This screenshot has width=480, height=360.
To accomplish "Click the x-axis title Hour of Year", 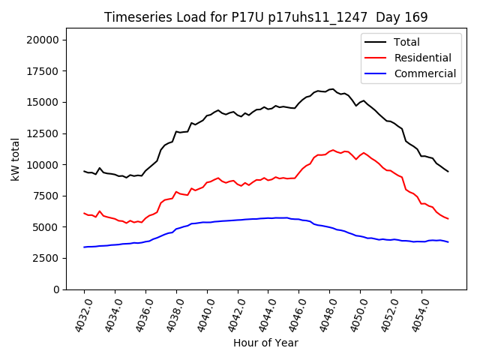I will (265, 343).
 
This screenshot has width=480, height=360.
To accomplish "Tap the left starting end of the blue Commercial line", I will (84, 247).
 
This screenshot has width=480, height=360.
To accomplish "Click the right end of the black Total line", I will (448, 172).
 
